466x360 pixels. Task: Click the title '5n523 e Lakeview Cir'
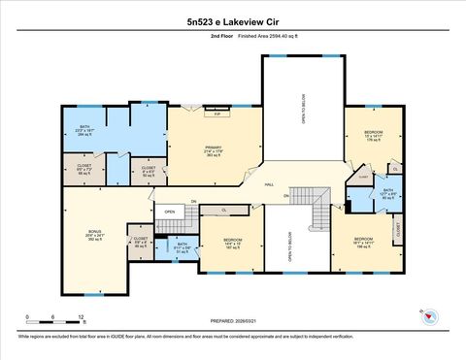232,19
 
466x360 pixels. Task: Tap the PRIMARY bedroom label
215,150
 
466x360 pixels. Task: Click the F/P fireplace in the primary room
217,115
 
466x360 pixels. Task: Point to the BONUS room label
95,236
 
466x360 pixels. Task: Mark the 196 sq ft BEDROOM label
364,243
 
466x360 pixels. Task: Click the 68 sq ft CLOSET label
84,171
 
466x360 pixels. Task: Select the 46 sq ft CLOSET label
141,242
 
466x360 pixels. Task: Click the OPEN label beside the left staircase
169,211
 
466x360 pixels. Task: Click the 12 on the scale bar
82,317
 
